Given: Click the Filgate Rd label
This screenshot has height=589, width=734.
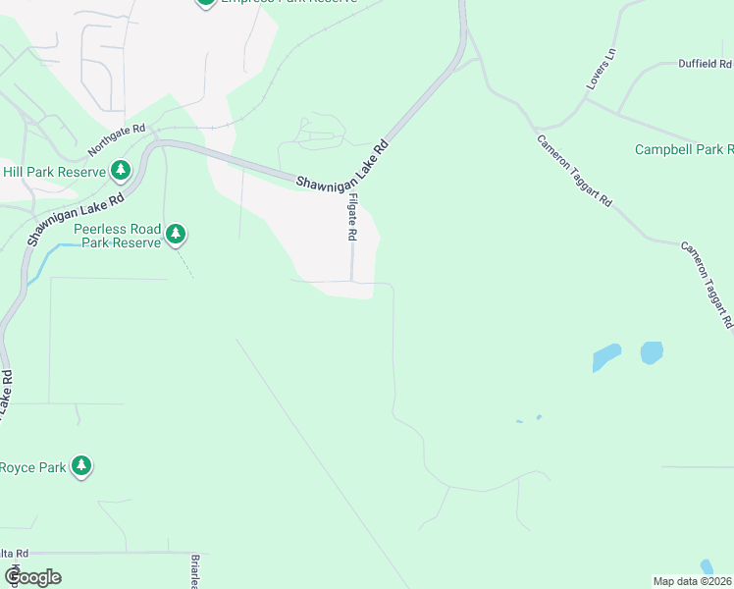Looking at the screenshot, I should (352, 217).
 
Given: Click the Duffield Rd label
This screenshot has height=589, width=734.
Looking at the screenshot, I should (706, 63).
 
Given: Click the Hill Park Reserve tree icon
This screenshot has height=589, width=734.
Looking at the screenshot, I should (121, 170).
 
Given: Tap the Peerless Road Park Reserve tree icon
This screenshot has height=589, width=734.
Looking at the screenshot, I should (176, 233).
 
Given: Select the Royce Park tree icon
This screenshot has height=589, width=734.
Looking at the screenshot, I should (82, 465).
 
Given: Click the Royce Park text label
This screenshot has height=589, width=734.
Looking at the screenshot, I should (33, 467).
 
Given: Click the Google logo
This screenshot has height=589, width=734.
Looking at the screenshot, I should (31, 577).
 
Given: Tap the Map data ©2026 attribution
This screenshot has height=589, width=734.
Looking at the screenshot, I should (692, 581).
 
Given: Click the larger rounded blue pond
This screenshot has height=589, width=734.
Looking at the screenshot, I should (652, 352).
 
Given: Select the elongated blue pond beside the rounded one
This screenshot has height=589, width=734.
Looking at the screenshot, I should (606, 357).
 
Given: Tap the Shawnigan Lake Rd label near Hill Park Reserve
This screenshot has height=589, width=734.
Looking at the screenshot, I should (76, 217).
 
